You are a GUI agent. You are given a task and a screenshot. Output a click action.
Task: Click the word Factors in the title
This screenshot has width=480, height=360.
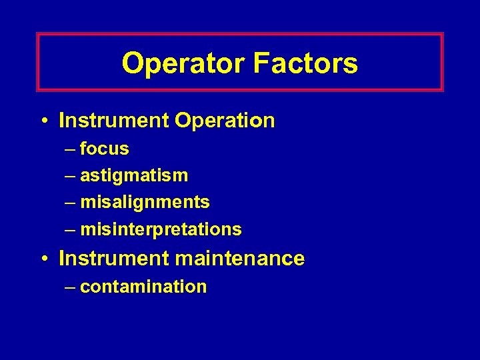tap(305, 64)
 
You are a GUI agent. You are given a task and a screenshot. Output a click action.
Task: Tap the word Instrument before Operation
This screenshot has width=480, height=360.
tap(114, 121)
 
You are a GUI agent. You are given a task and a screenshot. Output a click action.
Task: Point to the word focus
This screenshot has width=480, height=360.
tap(104, 149)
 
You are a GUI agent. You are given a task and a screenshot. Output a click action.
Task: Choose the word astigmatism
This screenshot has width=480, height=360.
tap(134, 176)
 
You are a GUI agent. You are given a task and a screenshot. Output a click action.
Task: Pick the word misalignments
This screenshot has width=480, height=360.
tap(145, 202)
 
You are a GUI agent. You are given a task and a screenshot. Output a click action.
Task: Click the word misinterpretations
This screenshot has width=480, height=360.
tap(161, 229)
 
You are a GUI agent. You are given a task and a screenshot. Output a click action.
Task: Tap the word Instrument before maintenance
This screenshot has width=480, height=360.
tap(114, 258)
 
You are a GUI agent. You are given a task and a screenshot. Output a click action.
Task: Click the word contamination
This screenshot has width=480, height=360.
tap(143, 287)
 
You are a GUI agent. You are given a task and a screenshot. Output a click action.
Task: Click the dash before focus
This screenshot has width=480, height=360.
tap(71, 149)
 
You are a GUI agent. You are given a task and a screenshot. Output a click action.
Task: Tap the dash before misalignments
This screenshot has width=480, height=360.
tap(71, 203)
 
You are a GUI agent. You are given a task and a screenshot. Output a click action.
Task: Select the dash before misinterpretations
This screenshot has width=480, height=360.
tap(71, 230)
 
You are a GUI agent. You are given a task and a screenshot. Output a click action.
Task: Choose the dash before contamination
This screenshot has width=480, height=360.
tap(71, 287)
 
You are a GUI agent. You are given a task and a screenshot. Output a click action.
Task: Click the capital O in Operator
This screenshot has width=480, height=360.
tap(132, 64)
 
